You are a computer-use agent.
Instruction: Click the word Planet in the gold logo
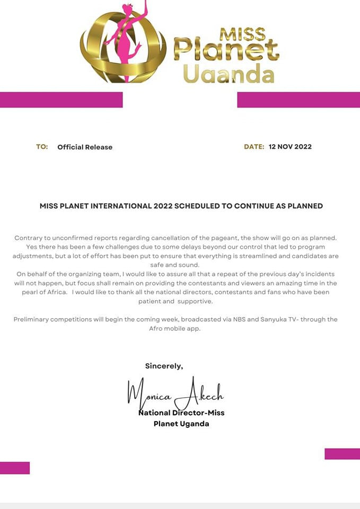point(226,51)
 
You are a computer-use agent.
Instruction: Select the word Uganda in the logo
point(229,74)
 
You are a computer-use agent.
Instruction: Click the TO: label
point(42,147)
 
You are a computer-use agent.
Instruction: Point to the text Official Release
point(85,147)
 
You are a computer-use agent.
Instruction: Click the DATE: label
point(254,147)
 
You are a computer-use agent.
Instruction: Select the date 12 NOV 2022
point(290,147)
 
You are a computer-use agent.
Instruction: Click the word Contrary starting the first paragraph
point(29,238)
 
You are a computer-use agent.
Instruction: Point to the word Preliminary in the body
point(34,319)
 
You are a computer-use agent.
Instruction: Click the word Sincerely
point(164,366)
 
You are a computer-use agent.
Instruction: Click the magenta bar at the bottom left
point(14,468)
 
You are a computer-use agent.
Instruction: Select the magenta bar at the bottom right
point(342,454)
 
